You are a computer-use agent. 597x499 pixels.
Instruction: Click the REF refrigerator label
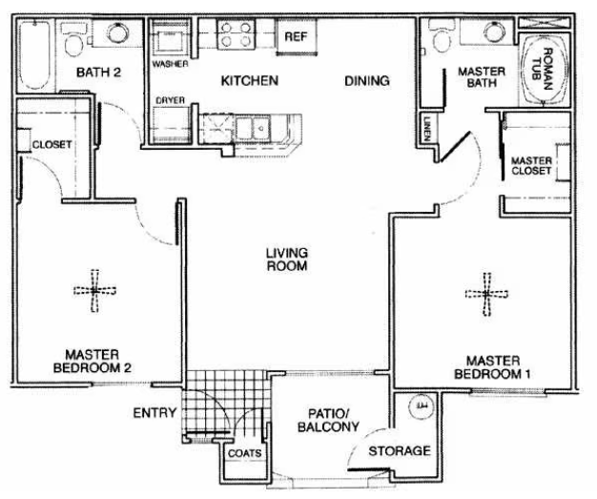click(x=296, y=36)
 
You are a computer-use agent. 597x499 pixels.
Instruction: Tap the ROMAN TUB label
click(x=543, y=69)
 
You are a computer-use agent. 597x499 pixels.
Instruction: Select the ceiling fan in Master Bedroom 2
click(x=94, y=291)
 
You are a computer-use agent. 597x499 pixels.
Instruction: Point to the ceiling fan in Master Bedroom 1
click(x=487, y=294)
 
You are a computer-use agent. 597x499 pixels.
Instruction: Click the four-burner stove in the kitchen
click(x=237, y=34)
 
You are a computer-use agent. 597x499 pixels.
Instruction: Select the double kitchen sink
click(x=253, y=129)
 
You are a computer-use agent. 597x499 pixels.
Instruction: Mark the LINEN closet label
click(x=427, y=129)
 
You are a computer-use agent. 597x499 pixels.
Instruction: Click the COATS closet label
click(x=245, y=453)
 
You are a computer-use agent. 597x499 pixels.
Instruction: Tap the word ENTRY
click(x=154, y=413)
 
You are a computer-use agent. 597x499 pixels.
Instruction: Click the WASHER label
click(x=170, y=64)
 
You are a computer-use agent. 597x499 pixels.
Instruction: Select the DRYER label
click(x=170, y=100)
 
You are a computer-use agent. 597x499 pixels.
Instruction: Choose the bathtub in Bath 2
click(x=34, y=55)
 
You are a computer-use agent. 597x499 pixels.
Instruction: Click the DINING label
click(x=367, y=81)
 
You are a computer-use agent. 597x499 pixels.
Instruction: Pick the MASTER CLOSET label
click(x=531, y=166)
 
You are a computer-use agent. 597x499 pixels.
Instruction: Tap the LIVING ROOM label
click(x=287, y=260)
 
